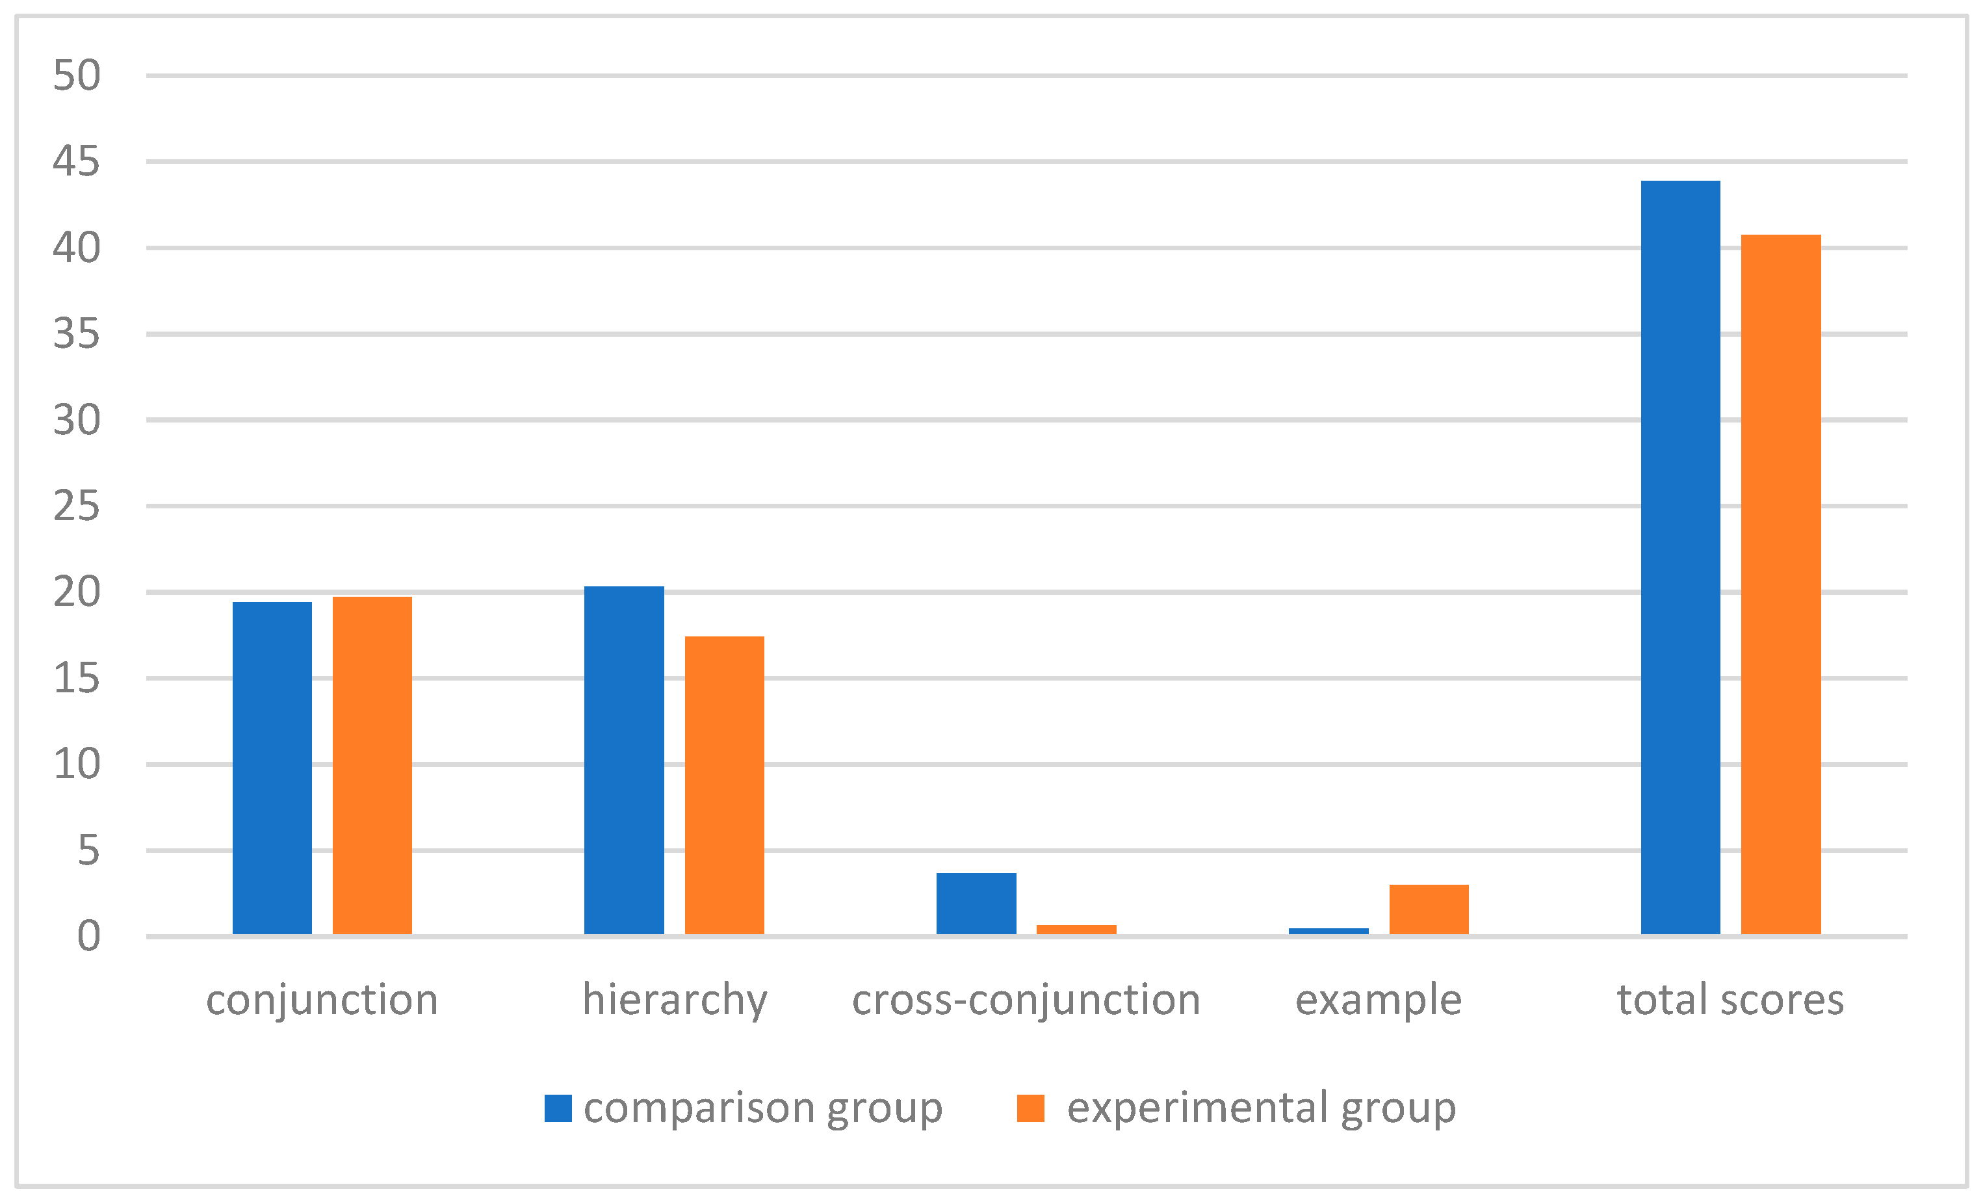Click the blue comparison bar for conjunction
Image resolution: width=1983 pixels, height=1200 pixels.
point(272,768)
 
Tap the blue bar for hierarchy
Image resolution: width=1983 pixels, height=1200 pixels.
point(624,760)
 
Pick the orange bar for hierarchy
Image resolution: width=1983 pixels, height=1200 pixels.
point(724,785)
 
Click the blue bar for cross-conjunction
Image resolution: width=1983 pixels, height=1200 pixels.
point(976,903)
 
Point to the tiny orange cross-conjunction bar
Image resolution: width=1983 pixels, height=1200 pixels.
point(1076,930)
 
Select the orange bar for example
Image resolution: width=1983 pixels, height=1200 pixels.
point(1429,909)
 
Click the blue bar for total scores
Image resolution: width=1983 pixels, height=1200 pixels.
point(1680,557)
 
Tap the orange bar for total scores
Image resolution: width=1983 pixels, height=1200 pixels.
point(1781,584)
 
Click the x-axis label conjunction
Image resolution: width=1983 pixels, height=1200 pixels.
point(322,1000)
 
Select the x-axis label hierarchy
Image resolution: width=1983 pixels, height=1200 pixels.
point(675,1000)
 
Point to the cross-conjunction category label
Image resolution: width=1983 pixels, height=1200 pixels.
point(1026,1000)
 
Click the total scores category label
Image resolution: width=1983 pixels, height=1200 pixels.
point(1730,1000)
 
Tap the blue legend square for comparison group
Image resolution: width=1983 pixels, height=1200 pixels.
point(558,1108)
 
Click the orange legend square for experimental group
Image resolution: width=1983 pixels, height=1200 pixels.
point(1030,1108)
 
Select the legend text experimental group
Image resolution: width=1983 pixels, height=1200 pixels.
point(1261,1108)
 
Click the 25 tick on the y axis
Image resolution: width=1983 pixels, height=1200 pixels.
point(77,506)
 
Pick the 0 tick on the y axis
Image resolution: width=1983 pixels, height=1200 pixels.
point(88,937)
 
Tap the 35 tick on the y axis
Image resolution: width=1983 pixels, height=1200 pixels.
point(77,334)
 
